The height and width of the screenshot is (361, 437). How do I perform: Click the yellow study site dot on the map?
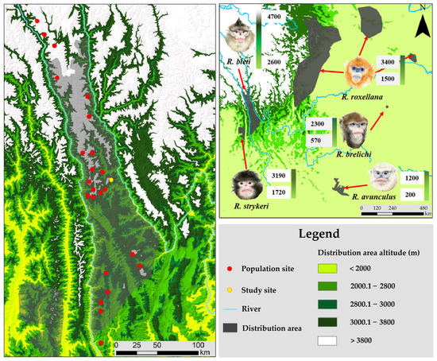point(111,180)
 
